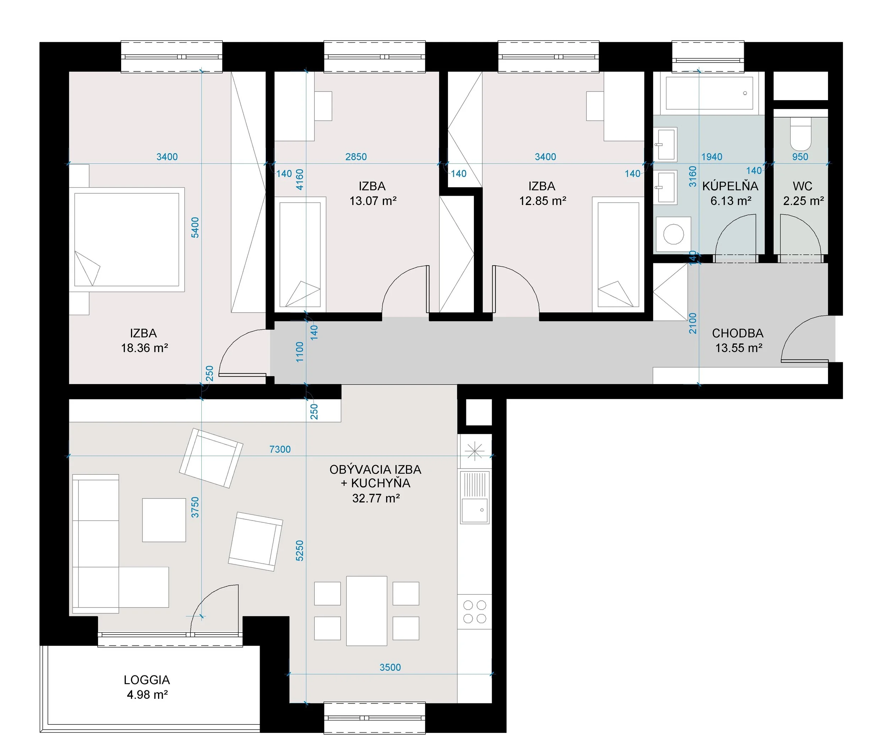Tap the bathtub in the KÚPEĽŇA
[709, 93]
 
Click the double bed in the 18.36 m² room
[127, 239]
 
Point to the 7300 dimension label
[280, 449]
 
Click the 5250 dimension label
[299, 550]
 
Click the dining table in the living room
[367, 611]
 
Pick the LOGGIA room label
[147, 680]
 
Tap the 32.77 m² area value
[376, 498]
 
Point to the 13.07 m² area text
[373, 201]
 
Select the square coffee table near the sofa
[164, 520]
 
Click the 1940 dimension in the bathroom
[711, 157]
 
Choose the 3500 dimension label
[390, 667]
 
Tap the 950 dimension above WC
[800, 157]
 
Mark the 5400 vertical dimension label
[195, 228]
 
